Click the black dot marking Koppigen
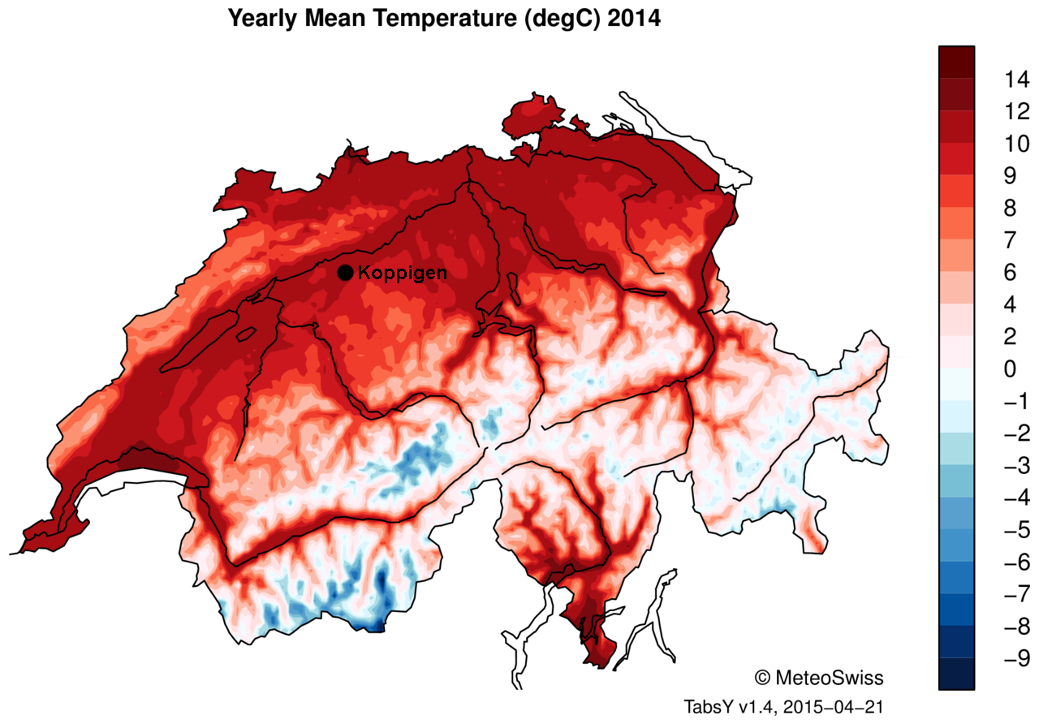(x=345, y=273)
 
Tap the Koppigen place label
(x=402, y=273)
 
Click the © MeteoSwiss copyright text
(x=819, y=677)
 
